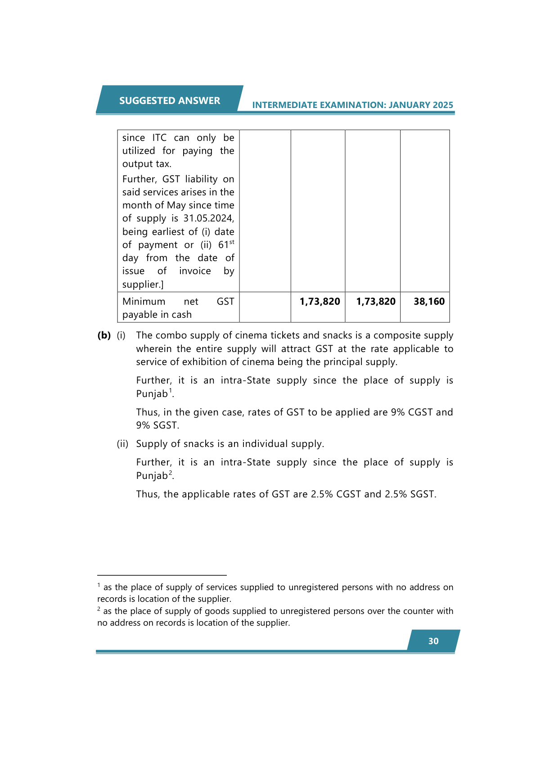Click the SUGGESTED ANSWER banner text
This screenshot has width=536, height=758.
coord(169,100)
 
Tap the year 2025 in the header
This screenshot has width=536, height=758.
coord(443,105)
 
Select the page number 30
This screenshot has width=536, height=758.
coord(433,641)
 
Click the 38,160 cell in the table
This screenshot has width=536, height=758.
coord(429,301)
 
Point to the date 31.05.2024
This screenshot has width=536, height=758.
coord(208,218)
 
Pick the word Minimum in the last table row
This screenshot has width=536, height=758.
coord(144,301)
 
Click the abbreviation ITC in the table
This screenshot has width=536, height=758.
coord(159,138)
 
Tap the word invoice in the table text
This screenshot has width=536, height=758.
coord(195,271)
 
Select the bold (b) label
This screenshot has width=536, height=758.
coord(104,335)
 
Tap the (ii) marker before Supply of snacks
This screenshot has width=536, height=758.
coord(122,444)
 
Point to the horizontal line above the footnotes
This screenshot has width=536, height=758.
coord(162,575)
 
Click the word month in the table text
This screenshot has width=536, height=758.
coord(136,205)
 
